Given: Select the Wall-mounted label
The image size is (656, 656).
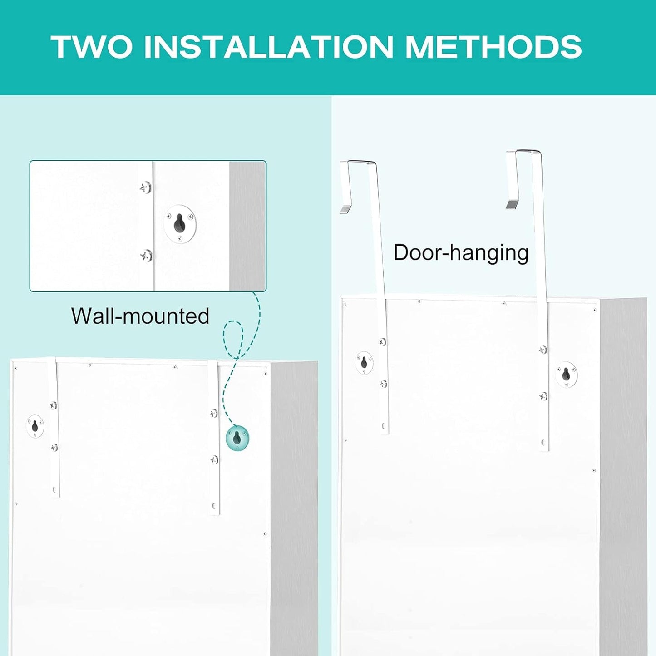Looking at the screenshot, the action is tap(140, 316).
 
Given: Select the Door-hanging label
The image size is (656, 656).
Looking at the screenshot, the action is tap(461, 253).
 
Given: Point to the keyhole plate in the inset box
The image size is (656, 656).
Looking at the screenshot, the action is tap(180, 224).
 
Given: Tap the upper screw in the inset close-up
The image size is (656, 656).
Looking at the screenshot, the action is tap(146, 187).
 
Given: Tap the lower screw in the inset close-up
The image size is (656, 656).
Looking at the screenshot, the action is tap(147, 256).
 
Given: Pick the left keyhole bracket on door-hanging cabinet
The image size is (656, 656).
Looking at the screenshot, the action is tap(364, 363).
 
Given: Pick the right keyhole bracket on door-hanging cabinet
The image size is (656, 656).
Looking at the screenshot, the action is tap(566, 375).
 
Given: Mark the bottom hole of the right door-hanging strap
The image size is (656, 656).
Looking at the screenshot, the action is tap(543, 443).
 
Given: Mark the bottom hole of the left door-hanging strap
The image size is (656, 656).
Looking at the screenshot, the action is tap(384, 426).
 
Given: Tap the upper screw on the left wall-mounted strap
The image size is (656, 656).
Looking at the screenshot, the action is tap(54, 405).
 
